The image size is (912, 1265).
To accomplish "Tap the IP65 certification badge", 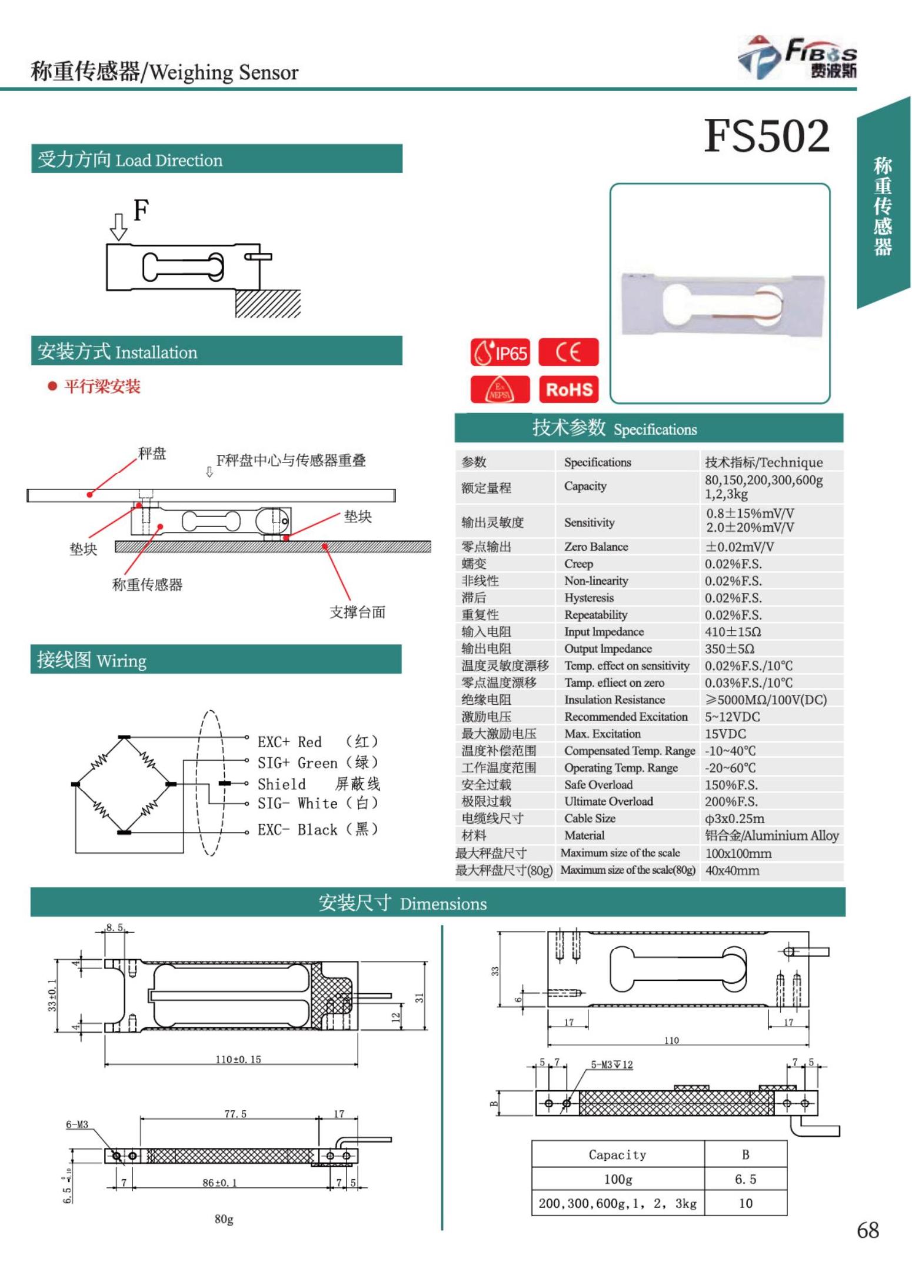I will pos(500,352).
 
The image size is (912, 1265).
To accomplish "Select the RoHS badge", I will pos(568,390).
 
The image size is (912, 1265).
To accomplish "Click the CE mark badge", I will pos(568,352).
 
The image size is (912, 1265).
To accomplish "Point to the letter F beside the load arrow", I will pos(141,210).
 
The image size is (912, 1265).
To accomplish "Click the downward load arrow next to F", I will pos(118,227).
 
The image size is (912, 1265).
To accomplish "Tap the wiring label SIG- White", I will pos(318,803).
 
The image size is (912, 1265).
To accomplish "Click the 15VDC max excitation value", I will pos(725,734).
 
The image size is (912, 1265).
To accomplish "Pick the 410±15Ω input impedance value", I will pos(733,632).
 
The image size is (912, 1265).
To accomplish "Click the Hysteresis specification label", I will pos(588,598).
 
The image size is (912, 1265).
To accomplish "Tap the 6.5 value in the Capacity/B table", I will pos(745,1179).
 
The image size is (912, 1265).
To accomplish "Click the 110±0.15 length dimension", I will pos(238,1060).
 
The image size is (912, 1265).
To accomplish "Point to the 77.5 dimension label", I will pos(235,1114).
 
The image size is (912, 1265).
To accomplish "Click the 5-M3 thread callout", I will pos(611,1064).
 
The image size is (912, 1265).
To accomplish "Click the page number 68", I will pos(867,1230).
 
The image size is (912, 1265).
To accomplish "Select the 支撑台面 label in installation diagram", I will pos(357,612).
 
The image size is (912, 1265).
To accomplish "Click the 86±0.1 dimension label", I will pos(219,1183).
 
